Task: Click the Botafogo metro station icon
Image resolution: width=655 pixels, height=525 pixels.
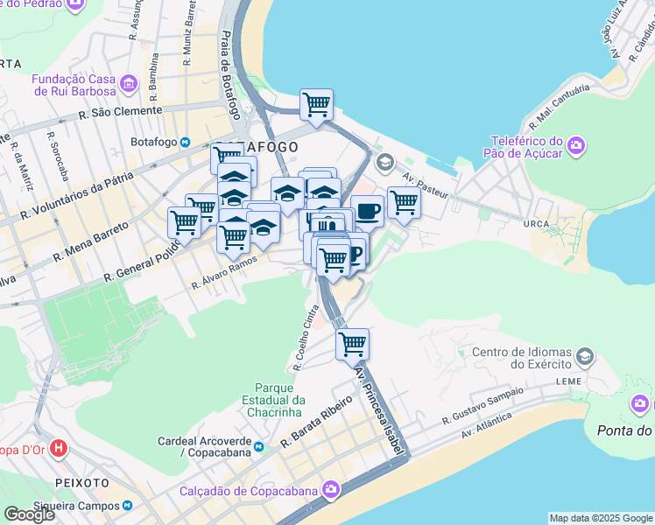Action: click(x=185, y=143)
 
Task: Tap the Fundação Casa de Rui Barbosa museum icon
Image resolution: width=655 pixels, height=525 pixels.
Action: click(x=130, y=85)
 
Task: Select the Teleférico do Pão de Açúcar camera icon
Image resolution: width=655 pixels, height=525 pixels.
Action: click(x=576, y=146)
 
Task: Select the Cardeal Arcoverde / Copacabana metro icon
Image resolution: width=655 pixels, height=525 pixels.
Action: click(x=257, y=449)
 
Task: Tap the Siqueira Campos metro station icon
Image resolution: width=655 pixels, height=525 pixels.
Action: click(x=128, y=506)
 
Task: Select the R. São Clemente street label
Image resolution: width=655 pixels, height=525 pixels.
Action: click(x=121, y=111)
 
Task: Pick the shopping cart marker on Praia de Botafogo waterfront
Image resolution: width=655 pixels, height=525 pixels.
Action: click(x=316, y=105)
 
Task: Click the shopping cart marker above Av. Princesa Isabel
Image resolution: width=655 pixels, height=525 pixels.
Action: click(x=352, y=344)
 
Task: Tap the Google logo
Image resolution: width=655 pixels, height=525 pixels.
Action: click(x=29, y=514)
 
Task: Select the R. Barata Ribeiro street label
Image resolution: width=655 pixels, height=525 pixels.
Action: click(x=316, y=423)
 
